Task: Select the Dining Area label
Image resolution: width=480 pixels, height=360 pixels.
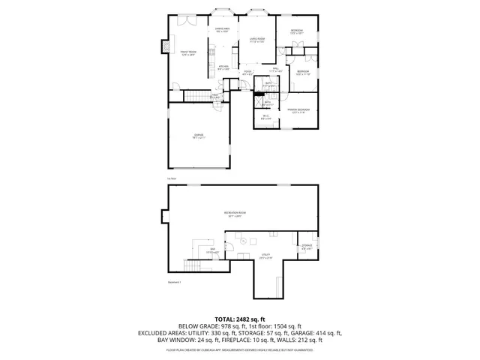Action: (x=223, y=30)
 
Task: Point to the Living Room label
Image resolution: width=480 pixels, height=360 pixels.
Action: (x=256, y=40)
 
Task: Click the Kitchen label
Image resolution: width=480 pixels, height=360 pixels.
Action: (x=223, y=67)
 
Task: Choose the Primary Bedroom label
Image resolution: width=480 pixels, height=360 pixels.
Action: (x=298, y=110)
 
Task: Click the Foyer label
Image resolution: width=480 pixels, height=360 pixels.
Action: (x=247, y=73)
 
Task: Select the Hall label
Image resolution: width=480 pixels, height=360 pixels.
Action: (x=275, y=70)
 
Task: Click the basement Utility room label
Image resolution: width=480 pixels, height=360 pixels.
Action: (x=265, y=256)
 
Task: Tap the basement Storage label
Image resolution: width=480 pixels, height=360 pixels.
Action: (x=307, y=246)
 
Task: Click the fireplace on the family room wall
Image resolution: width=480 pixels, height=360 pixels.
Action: (x=163, y=48)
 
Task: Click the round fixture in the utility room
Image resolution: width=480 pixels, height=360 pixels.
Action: (x=243, y=241)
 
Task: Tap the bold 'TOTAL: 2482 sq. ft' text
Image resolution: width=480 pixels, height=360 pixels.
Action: (x=240, y=319)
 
